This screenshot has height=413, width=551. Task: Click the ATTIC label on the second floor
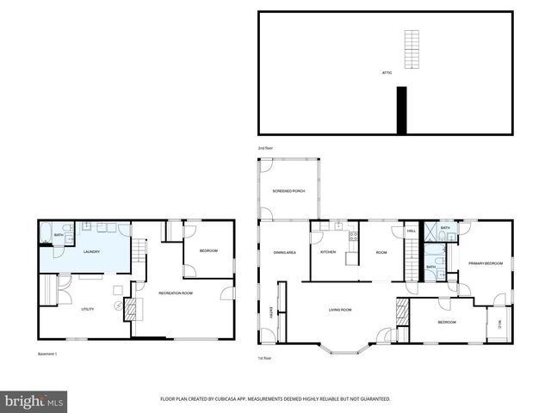(x=387, y=72)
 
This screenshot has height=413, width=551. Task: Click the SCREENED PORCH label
(x=288, y=190)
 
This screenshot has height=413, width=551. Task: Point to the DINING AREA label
(x=284, y=251)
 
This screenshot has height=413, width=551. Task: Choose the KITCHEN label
(x=328, y=251)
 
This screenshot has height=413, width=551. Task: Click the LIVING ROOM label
(x=341, y=309)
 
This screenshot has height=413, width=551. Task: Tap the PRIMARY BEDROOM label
(x=484, y=262)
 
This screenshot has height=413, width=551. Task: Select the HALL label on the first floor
(x=412, y=231)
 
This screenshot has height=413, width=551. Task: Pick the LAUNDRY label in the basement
(x=91, y=251)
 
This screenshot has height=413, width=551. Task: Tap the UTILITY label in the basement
(x=87, y=308)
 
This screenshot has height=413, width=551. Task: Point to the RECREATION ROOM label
(x=175, y=293)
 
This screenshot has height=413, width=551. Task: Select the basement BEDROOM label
(x=208, y=250)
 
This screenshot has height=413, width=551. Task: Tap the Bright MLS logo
(x=34, y=401)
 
